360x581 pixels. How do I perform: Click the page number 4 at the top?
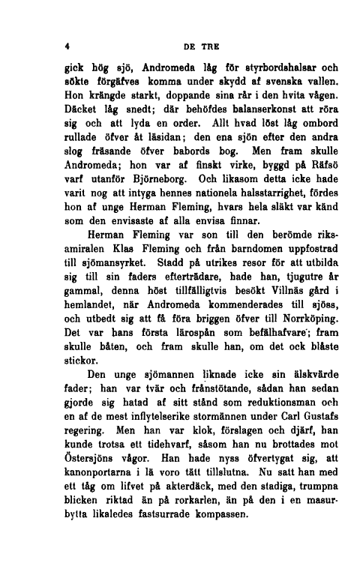pos(67,44)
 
